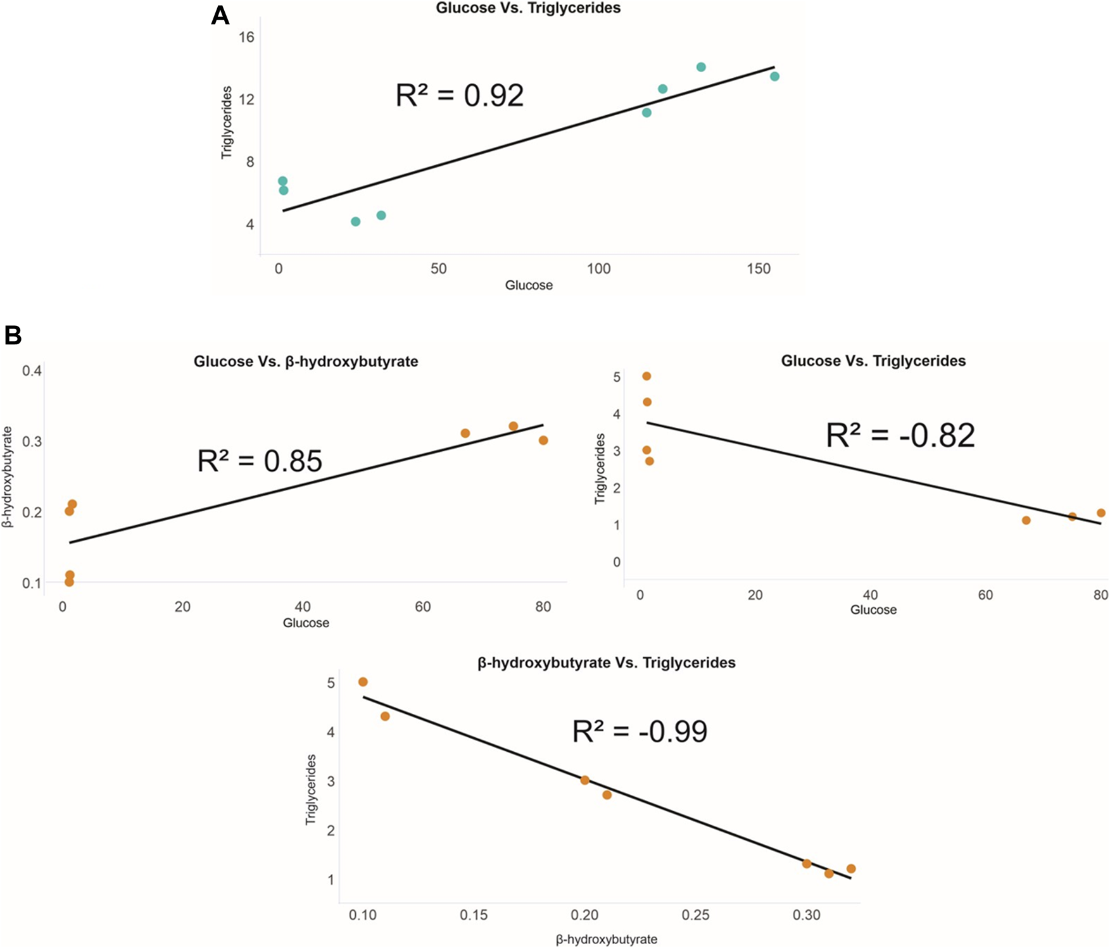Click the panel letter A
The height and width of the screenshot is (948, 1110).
click(x=220, y=15)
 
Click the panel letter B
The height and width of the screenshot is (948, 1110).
click(x=13, y=335)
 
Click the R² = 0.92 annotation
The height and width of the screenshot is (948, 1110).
click(x=460, y=96)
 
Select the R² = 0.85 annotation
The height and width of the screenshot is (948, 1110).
click(x=260, y=461)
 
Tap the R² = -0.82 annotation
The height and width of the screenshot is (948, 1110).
click(x=900, y=435)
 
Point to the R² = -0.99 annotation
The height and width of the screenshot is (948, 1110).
click(x=640, y=732)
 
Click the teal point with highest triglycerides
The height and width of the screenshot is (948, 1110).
click(x=701, y=67)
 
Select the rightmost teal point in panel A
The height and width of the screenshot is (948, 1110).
click(x=774, y=77)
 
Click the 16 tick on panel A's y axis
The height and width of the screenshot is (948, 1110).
click(x=246, y=37)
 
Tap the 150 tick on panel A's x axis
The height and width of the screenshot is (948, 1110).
click(x=759, y=269)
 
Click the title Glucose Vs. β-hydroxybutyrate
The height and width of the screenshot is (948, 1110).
click(x=306, y=362)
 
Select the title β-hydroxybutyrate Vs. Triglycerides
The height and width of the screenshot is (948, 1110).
click(x=606, y=663)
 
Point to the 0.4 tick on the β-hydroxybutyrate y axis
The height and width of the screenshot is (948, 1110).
click(x=32, y=371)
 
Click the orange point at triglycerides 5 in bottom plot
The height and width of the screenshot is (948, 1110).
click(x=363, y=682)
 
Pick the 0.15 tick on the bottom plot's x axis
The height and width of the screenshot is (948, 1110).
click(x=474, y=915)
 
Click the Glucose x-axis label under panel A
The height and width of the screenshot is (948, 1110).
click(x=529, y=285)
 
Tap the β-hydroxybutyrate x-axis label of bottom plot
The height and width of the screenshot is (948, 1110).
click(x=606, y=940)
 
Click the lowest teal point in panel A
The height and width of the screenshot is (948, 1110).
click(x=356, y=221)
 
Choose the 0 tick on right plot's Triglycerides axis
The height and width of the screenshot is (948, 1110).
click(x=616, y=562)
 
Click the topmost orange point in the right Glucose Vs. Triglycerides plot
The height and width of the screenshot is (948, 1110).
click(x=646, y=377)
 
